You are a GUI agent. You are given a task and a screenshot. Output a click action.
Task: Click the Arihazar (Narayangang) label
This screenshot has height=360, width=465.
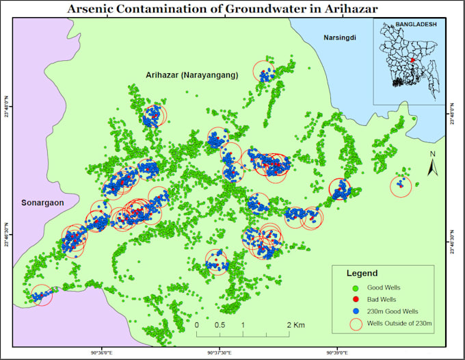point(191,75)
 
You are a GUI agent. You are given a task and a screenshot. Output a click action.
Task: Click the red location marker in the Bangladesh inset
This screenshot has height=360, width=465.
point(412,60)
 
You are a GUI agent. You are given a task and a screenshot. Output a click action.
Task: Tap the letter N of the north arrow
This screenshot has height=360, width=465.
point(433,154)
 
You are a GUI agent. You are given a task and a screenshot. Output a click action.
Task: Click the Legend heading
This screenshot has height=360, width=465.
point(362,273)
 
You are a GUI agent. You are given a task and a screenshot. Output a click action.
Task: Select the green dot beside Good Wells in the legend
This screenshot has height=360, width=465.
point(355,287)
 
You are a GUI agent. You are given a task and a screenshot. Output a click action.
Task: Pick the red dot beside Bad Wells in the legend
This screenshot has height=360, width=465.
point(355,299)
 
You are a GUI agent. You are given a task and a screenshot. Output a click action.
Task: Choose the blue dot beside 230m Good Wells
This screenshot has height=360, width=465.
point(355,311)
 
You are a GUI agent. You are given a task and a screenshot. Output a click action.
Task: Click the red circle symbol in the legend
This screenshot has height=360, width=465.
point(355,323)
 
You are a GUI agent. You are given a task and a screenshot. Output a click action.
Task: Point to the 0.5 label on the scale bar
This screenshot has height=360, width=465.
point(220,324)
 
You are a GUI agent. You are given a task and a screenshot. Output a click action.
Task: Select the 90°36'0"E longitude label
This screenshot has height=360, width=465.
point(102,352)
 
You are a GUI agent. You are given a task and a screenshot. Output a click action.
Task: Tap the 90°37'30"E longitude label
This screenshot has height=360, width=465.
point(219,352)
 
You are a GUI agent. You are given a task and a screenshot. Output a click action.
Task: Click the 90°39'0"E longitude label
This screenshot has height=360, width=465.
point(336,352)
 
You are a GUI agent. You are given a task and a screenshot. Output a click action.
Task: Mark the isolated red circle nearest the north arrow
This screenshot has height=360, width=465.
point(401,185)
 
